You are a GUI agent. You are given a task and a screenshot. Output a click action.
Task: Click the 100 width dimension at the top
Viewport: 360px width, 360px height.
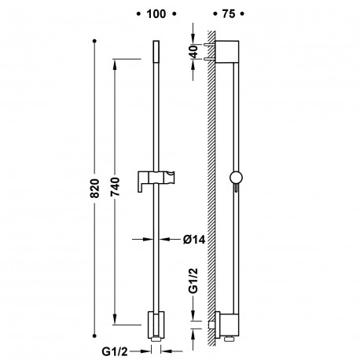(156, 14)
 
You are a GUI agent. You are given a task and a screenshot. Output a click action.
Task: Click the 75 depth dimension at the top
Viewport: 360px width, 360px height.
(229, 14)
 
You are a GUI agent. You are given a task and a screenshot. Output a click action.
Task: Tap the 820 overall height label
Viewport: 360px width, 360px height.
(94, 188)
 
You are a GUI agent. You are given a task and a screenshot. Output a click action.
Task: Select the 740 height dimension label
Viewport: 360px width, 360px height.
(115, 186)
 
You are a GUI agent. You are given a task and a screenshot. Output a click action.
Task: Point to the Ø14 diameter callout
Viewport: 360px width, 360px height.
(194, 240)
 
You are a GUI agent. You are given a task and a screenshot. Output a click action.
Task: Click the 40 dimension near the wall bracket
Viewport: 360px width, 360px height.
(194, 52)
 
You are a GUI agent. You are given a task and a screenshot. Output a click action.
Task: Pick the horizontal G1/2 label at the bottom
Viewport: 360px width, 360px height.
(115, 351)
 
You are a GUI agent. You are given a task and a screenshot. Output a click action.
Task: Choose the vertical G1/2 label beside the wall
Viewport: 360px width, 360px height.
(193, 281)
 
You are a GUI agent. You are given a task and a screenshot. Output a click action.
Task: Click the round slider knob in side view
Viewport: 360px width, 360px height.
(236, 178)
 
